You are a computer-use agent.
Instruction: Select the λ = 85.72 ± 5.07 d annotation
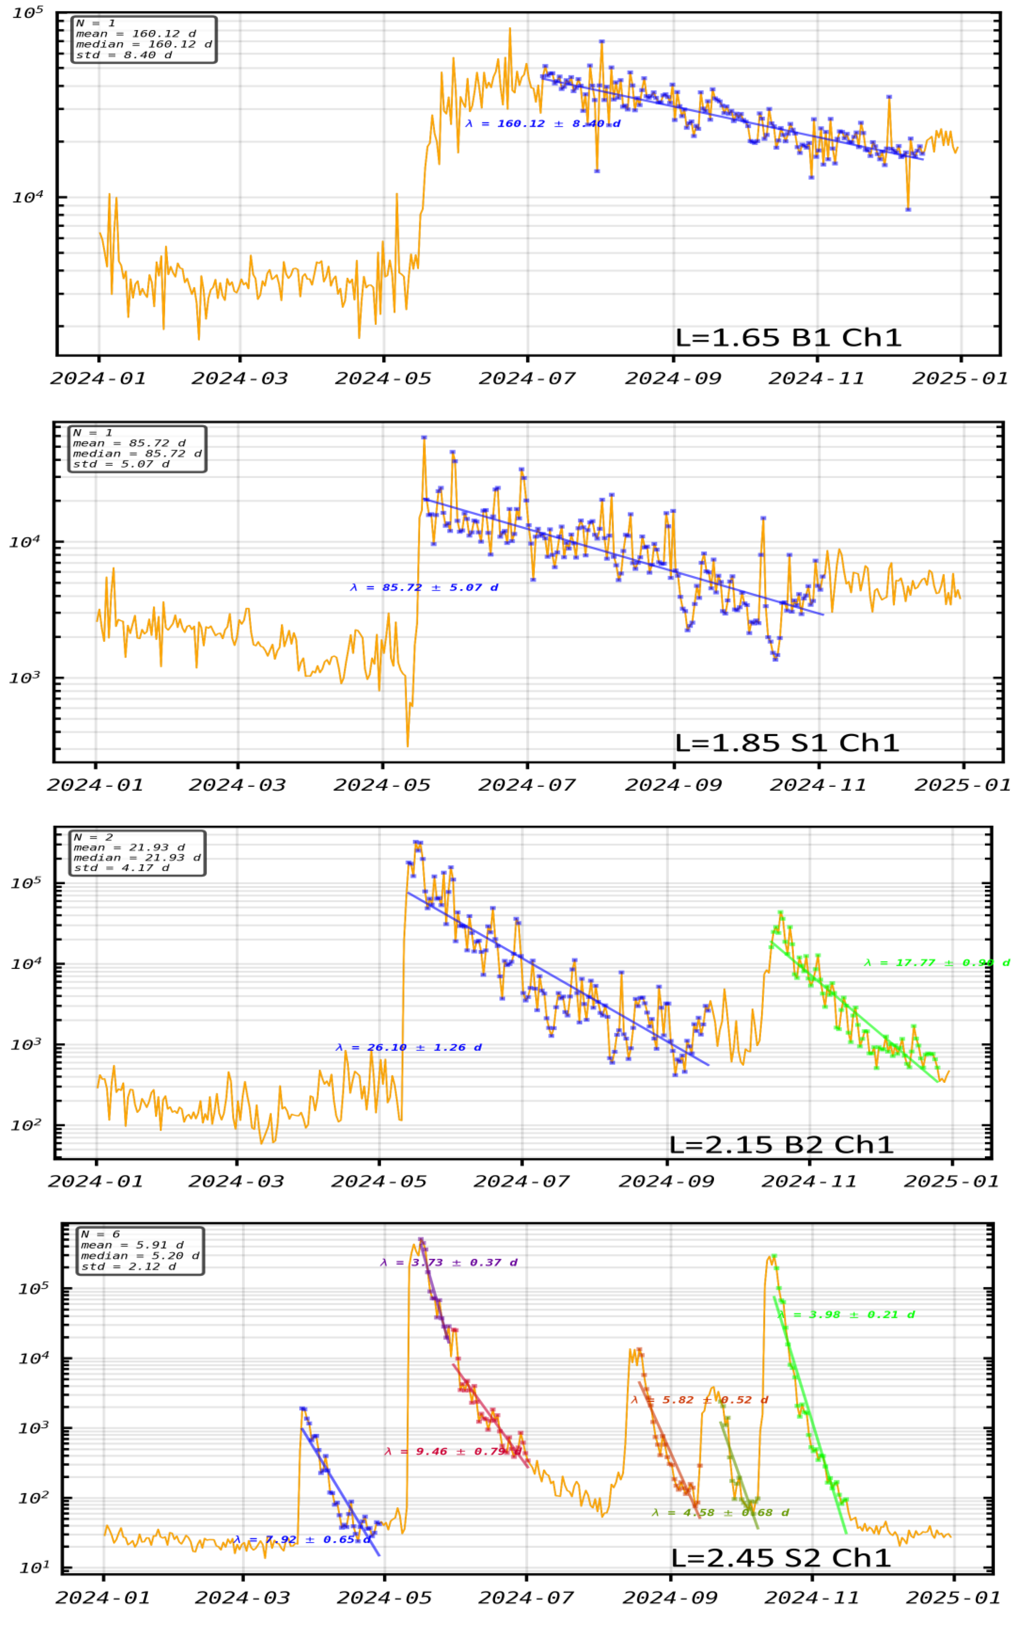pyautogui.click(x=424, y=588)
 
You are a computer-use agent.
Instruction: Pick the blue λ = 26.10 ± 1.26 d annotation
pyautogui.click(x=409, y=1048)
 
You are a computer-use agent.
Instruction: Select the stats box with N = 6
pyautogui.click(x=140, y=1251)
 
